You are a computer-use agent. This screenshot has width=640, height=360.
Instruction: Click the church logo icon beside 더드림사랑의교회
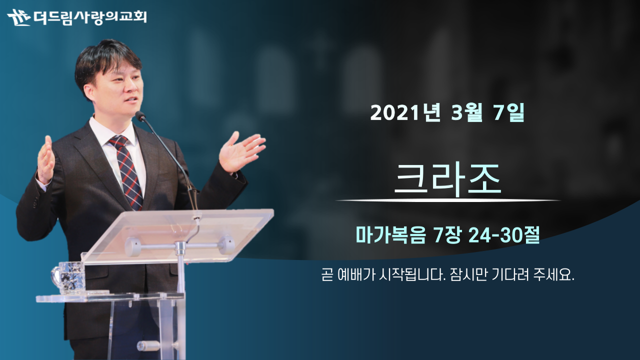pos(19,17)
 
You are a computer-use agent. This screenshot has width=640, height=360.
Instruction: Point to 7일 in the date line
pos(509,112)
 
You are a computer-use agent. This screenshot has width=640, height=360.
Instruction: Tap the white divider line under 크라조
pos(448,200)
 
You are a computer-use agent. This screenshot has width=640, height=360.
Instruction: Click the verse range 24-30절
pos(504,235)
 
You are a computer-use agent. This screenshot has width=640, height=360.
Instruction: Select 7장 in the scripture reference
pos(447,235)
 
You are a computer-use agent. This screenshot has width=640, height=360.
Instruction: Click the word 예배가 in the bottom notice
pos(355,275)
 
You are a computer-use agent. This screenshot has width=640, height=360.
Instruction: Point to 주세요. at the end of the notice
pos(553,275)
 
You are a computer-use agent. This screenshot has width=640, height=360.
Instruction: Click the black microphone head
pos(140,115)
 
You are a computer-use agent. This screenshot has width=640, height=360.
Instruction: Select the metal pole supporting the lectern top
pos(180,267)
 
